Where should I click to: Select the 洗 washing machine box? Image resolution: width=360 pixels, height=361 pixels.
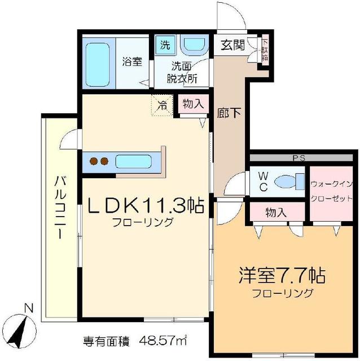pyautogui.click(x=165, y=45)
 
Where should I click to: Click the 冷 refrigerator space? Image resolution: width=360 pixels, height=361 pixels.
pyautogui.click(x=162, y=104)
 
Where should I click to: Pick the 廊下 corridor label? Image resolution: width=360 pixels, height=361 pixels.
pyautogui.click(x=230, y=112)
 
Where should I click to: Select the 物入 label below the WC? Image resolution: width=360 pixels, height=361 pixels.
pyautogui.click(x=276, y=213)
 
